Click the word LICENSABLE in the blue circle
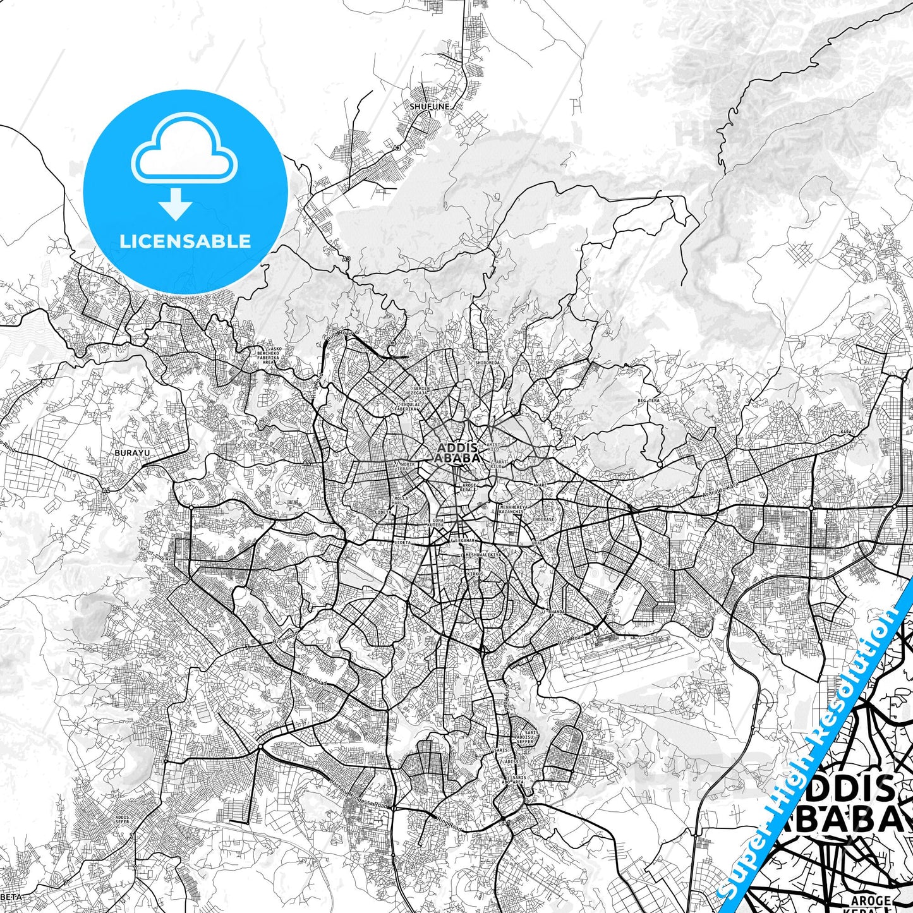click(185, 241)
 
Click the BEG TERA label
click(648, 401)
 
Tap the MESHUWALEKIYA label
click(483, 555)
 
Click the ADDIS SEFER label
click(122, 819)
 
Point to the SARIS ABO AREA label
click(518, 780)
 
